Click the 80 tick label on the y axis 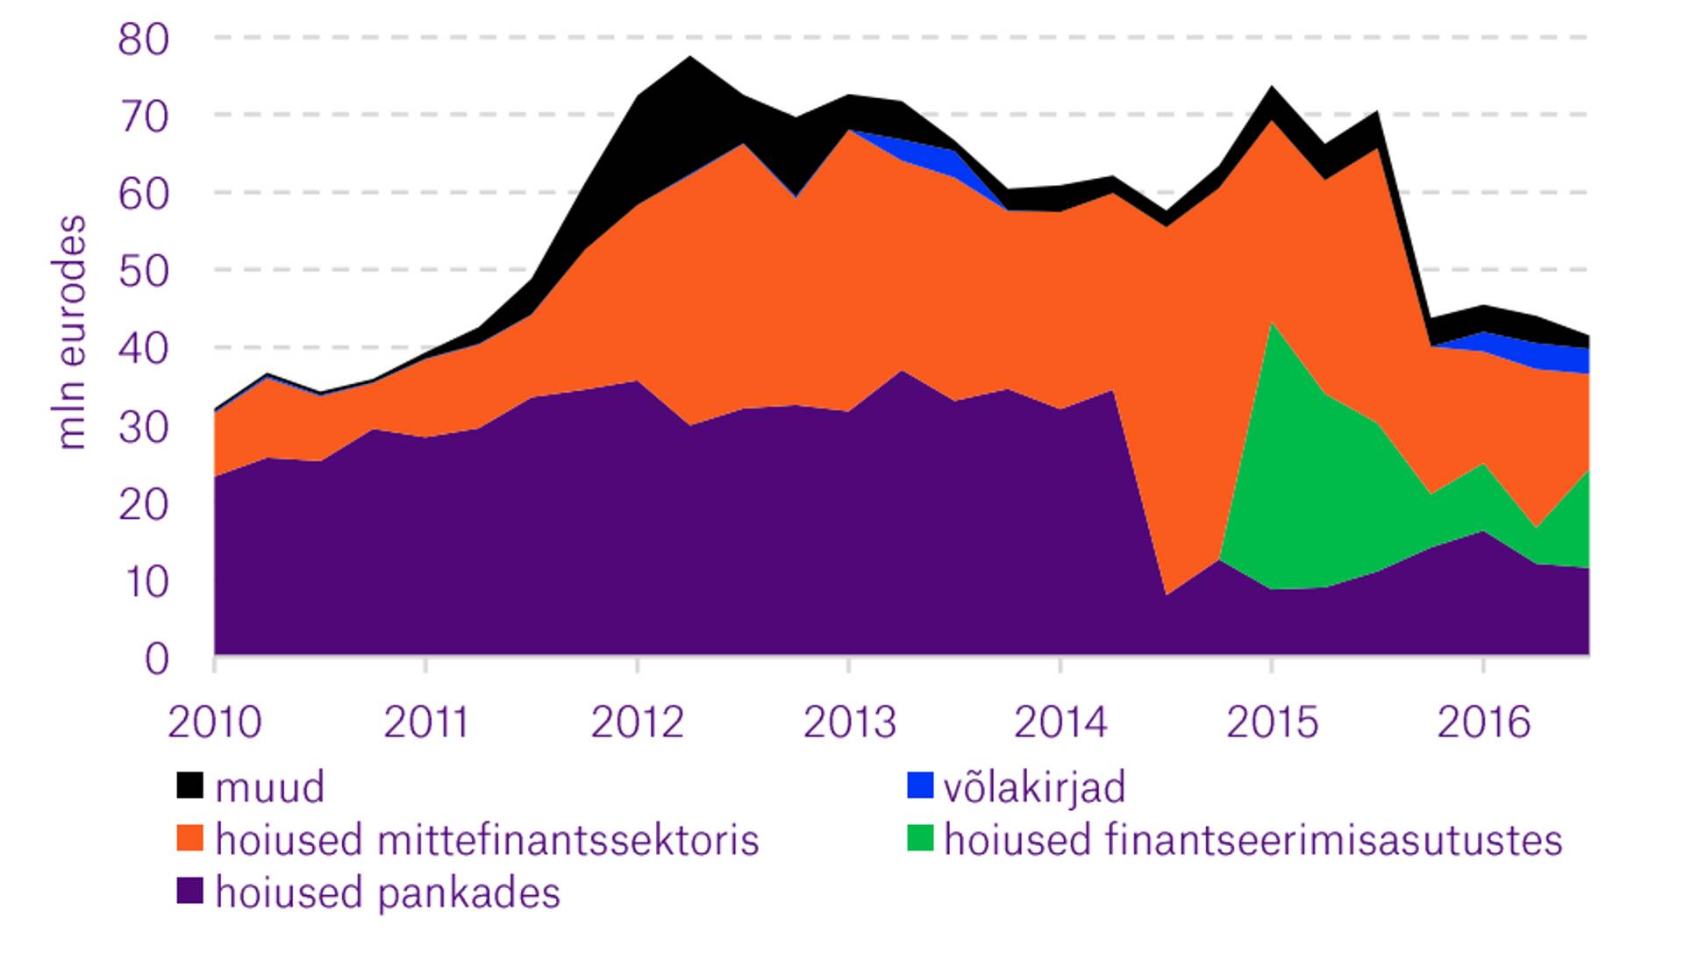point(143,39)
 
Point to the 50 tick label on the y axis point(143,271)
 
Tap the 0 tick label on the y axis point(156,658)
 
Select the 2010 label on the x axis point(214,722)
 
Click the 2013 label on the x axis point(849,722)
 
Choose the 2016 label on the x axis point(1483,722)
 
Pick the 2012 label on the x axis point(637,722)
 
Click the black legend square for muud point(189,785)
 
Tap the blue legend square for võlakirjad point(920,785)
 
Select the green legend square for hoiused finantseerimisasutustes point(920,838)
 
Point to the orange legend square point(189,838)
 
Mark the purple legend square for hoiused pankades point(189,892)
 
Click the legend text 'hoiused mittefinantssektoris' point(487,840)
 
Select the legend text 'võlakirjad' point(1034,787)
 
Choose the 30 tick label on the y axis point(143,427)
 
